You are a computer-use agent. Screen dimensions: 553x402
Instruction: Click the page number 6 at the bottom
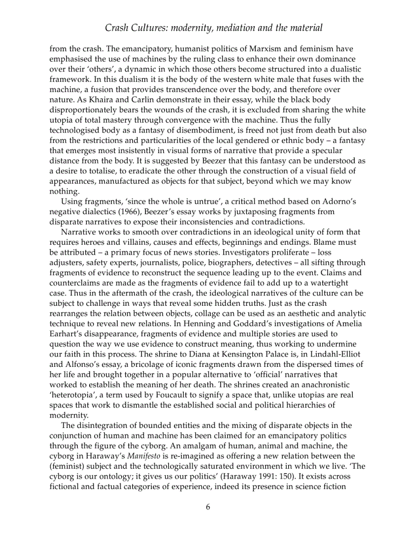[x=208, y=507]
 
